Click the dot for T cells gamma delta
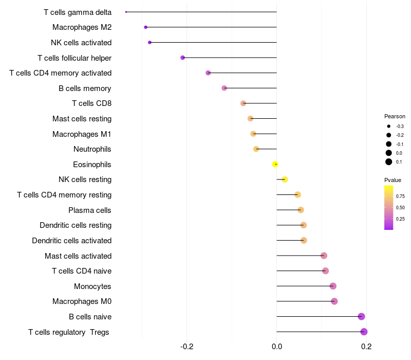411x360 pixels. [x=126, y=12]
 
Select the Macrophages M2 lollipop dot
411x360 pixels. [x=146, y=27]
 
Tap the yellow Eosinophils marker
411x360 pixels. [x=275, y=164]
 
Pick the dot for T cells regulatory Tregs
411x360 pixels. [x=364, y=332]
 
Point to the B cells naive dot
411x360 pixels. [x=361, y=316]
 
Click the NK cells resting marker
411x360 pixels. [x=285, y=179]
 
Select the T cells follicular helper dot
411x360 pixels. [x=183, y=58]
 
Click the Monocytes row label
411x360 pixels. [x=92, y=286]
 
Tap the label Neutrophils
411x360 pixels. [x=92, y=149]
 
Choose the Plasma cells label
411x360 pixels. [x=90, y=210]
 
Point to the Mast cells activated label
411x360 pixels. [x=78, y=256]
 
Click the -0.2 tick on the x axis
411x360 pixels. [x=187, y=346]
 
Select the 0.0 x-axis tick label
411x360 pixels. [x=276, y=346]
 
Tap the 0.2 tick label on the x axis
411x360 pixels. [x=366, y=346]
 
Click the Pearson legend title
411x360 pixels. [x=395, y=116]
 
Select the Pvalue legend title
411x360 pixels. [x=393, y=180]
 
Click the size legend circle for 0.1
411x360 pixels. [x=389, y=162]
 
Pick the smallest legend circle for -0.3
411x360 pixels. [x=389, y=126]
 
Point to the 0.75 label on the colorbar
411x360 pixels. [x=400, y=196]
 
